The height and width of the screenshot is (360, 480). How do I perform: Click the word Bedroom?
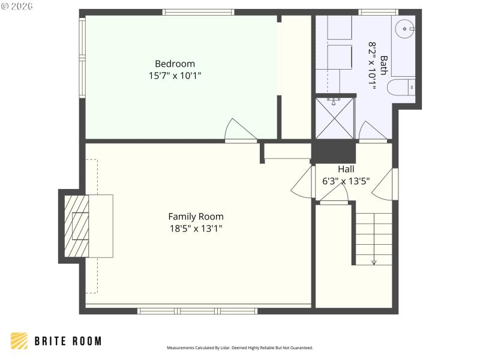(x=175, y=64)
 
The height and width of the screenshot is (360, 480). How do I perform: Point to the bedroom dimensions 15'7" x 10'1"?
(x=175, y=76)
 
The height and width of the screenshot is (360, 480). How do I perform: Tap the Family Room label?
(x=196, y=217)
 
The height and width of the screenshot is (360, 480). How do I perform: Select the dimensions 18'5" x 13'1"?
(x=196, y=228)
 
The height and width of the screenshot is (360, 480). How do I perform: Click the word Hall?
(x=346, y=169)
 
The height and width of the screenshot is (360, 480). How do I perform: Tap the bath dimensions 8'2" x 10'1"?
(x=371, y=65)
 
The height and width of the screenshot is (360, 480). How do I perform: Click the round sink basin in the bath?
(x=406, y=28)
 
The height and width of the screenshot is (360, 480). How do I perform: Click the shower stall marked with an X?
(x=335, y=119)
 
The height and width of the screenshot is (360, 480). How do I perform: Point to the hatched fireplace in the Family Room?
(x=76, y=226)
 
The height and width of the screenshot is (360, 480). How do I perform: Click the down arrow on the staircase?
(x=374, y=262)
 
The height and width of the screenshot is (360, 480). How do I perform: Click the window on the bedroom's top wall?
(x=198, y=12)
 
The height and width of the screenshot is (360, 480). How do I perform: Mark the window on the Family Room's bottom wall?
(x=197, y=311)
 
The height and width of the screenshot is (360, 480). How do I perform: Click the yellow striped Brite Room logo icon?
(x=19, y=341)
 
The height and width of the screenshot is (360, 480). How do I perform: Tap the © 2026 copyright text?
(x=17, y=6)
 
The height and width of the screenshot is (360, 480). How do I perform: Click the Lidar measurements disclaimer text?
(x=239, y=348)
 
